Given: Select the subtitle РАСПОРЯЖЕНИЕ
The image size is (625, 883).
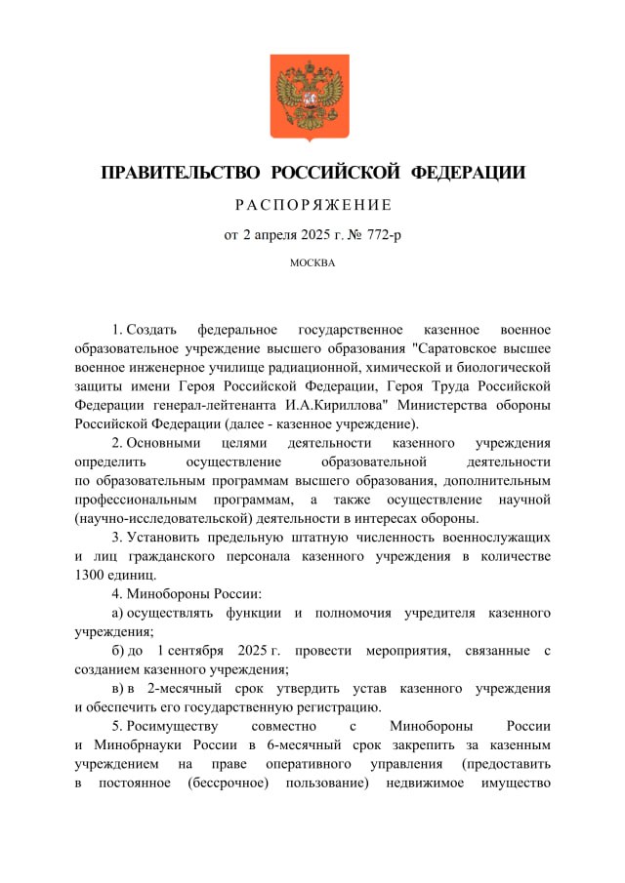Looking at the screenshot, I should tap(312, 205).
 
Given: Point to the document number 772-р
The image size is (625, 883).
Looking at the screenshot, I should tap(377, 234).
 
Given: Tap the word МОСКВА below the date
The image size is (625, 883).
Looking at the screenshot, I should tap(312, 262).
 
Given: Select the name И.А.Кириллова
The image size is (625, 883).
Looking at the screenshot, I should tap(341, 405).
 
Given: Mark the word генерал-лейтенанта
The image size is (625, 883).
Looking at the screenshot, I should tap(201, 405).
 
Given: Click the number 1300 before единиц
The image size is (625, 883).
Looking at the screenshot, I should tap(91, 575).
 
